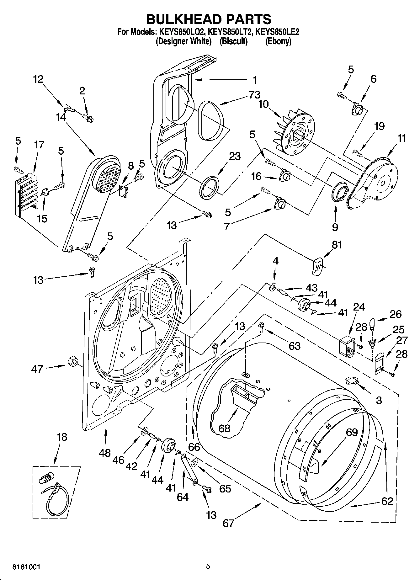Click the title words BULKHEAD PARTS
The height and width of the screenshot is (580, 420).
tap(209, 19)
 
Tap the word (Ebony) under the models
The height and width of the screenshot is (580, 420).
tap(278, 41)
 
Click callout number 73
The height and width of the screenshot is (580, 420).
tap(254, 94)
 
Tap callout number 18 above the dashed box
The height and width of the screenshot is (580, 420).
tap(62, 437)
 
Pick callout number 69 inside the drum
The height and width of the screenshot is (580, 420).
tap(351, 432)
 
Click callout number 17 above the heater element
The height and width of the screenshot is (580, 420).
tap(39, 145)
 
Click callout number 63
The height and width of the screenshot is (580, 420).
tap(295, 346)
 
